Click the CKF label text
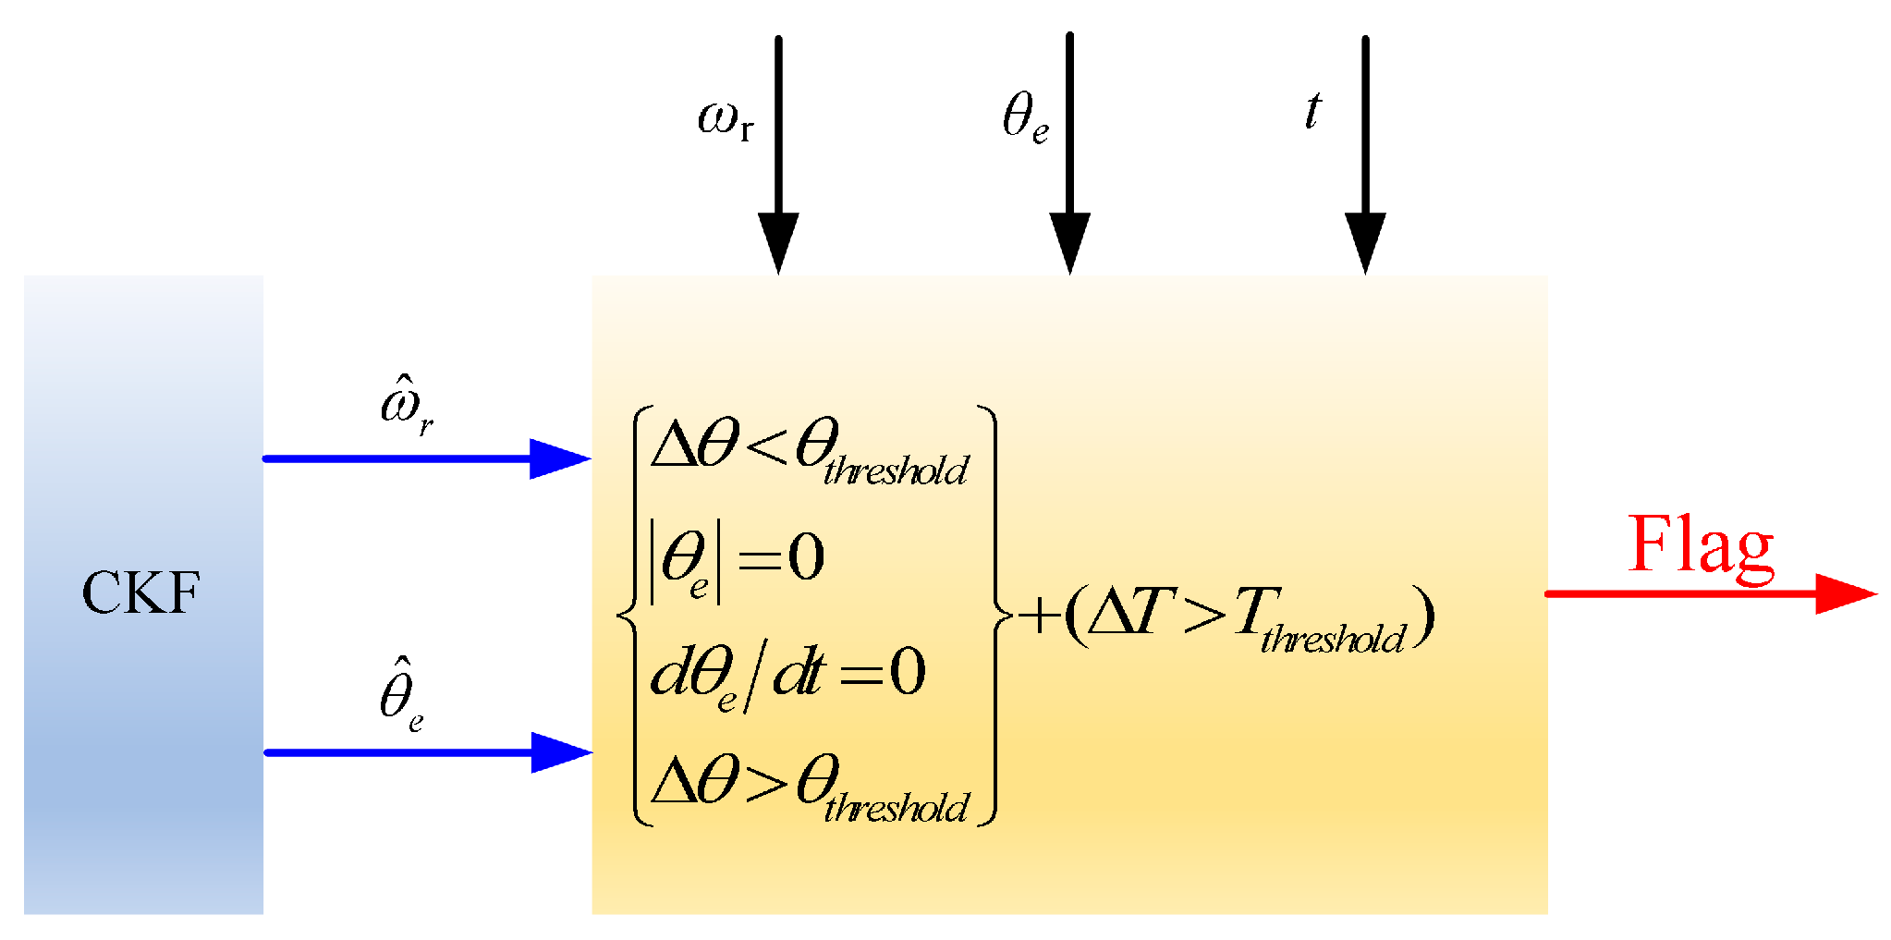pos(140,592)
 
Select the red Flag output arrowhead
pos(1845,593)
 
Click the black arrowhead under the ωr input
pos(778,242)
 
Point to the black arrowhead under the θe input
pos(1069,242)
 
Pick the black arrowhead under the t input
pos(1365,242)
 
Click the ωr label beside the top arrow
pos(726,121)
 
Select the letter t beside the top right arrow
pos(1312,111)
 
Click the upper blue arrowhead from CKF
pos(559,458)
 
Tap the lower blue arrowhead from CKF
pos(561,752)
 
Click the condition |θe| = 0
pos(737,559)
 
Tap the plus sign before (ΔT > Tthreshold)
pos(1039,616)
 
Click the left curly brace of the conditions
pos(628,615)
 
